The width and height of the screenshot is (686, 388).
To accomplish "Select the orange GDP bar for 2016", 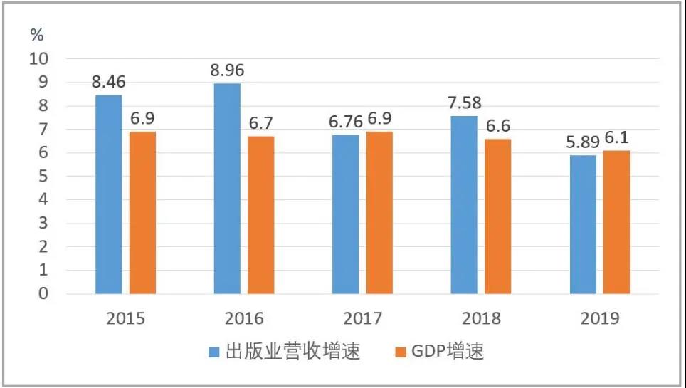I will (x=261, y=214).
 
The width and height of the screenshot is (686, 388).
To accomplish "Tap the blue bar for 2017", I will (x=346, y=214).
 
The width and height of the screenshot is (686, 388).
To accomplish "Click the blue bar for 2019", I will (x=583, y=224).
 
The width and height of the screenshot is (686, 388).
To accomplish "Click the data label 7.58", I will (x=464, y=104).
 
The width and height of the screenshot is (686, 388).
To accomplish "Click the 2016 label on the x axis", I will (x=244, y=318).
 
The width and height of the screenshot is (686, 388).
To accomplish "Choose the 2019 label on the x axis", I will (x=599, y=318).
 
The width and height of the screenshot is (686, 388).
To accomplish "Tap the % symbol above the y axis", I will (x=37, y=33).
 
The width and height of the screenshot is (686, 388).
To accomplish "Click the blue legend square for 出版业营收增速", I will (x=214, y=351).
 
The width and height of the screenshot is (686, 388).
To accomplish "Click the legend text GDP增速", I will (x=448, y=351).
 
